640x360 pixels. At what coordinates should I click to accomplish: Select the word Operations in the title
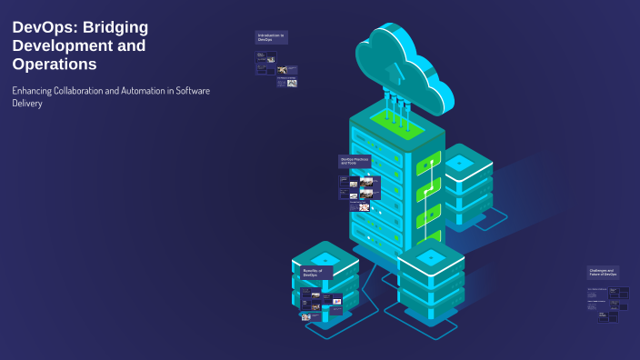click(x=55, y=65)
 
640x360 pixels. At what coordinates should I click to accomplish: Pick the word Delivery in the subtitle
click(x=26, y=104)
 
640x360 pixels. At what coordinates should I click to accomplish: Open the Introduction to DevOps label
click(x=271, y=37)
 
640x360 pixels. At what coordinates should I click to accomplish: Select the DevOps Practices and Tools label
click(x=355, y=161)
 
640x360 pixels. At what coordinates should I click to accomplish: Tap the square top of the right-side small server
click(x=459, y=162)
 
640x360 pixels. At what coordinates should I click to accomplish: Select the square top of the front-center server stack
click(x=431, y=257)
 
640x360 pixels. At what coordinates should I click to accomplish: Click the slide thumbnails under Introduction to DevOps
click(x=275, y=69)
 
